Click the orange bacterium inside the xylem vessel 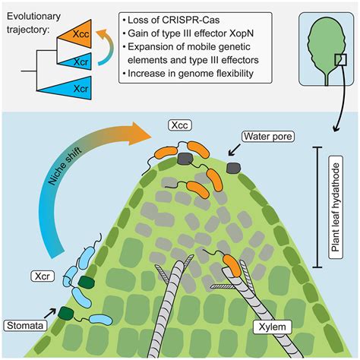[x=232, y=265]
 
